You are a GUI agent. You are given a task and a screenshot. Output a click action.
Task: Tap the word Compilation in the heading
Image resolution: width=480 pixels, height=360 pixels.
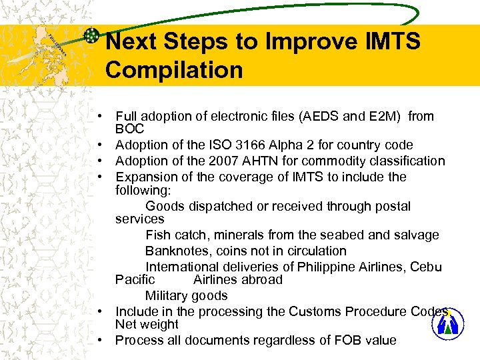174,69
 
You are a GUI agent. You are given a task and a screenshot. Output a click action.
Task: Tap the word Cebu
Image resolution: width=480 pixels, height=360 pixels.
427,267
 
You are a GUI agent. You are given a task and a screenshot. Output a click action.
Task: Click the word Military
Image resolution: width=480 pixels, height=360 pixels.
166,295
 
